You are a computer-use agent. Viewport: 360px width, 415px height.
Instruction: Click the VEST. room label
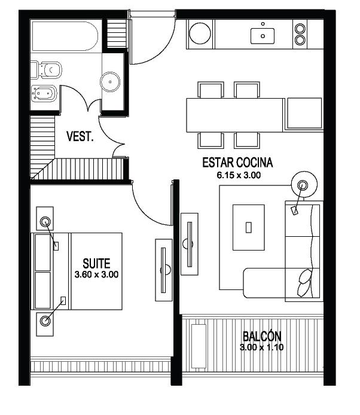click(x=80, y=136)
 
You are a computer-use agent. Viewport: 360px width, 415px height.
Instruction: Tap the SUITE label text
click(x=96, y=264)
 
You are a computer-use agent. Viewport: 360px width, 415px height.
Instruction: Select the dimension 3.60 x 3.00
click(x=96, y=274)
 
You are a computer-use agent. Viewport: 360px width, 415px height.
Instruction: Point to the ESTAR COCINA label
click(x=237, y=163)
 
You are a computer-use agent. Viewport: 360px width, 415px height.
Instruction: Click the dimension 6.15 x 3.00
click(x=239, y=175)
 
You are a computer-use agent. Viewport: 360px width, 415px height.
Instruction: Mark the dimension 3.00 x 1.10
click(x=261, y=347)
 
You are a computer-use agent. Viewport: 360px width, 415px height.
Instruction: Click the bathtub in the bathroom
click(x=65, y=36)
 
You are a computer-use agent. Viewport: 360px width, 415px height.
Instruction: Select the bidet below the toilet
click(x=44, y=93)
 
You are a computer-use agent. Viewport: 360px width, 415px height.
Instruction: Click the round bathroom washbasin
click(x=110, y=82)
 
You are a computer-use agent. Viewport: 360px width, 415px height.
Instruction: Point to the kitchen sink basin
click(x=263, y=36)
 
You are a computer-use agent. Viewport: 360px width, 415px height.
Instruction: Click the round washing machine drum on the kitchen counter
click(x=200, y=33)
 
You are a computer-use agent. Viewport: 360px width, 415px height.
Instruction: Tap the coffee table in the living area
click(x=249, y=227)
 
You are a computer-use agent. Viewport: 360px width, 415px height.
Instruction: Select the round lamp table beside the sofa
click(x=304, y=184)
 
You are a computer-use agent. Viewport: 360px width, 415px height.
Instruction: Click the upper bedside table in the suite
click(x=45, y=219)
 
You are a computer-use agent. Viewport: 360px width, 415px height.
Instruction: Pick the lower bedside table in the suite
click(x=45, y=324)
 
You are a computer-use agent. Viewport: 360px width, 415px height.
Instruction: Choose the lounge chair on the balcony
click(x=199, y=346)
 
